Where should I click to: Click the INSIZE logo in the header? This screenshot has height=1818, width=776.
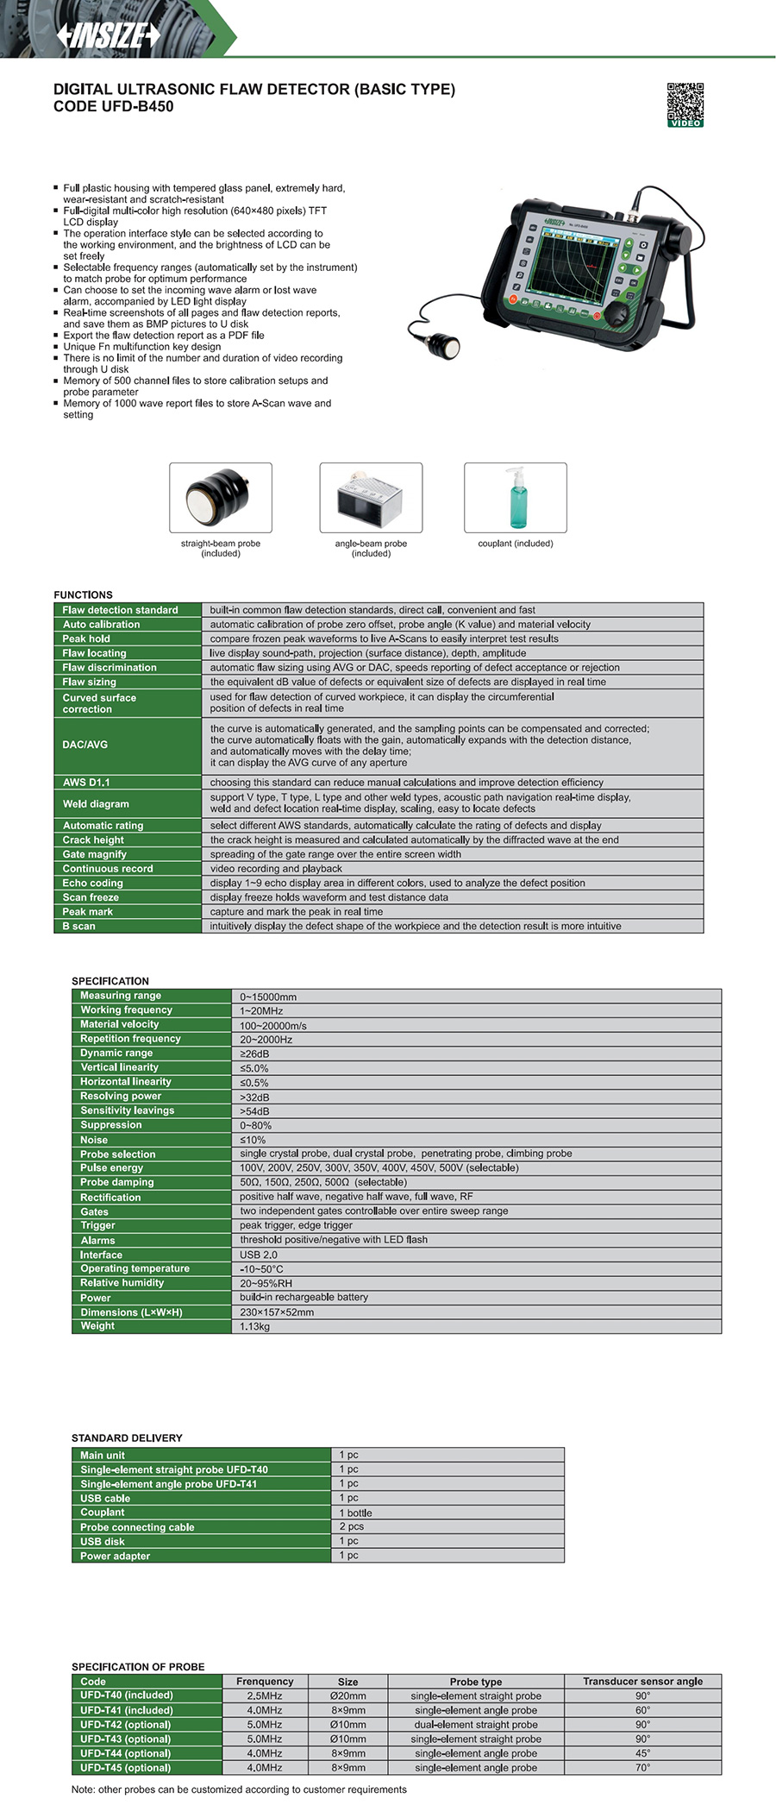click(x=109, y=35)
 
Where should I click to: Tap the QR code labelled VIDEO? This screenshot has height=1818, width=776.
click(x=685, y=103)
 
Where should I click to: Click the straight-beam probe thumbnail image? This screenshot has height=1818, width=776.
click(x=220, y=497)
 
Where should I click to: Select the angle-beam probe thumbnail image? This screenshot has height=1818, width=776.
click(x=371, y=497)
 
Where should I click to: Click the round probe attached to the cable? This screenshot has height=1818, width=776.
click(x=444, y=345)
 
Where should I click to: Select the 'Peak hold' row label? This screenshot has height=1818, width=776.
click(x=86, y=639)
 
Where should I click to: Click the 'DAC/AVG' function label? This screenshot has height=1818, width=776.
click(x=85, y=745)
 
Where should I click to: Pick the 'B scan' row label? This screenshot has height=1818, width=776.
click(x=79, y=926)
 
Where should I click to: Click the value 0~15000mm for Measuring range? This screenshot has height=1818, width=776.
click(x=268, y=997)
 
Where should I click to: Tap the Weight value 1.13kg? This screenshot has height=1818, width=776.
click(x=255, y=1326)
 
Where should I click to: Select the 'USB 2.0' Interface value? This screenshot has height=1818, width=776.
click(x=259, y=1255)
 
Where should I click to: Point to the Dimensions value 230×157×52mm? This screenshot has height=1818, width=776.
click(x=277, y=1312)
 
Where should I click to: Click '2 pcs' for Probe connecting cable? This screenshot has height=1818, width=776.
click(x=352, y=1526)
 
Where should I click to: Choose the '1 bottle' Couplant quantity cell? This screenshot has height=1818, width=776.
click(x=356, y=1513)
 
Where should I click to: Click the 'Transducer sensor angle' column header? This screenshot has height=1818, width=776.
click(x=642, y=1681)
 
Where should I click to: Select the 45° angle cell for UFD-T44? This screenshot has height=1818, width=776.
click(x=642, y=1753)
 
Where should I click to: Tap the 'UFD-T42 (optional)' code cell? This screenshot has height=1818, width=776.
click(x=126, y=1725)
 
